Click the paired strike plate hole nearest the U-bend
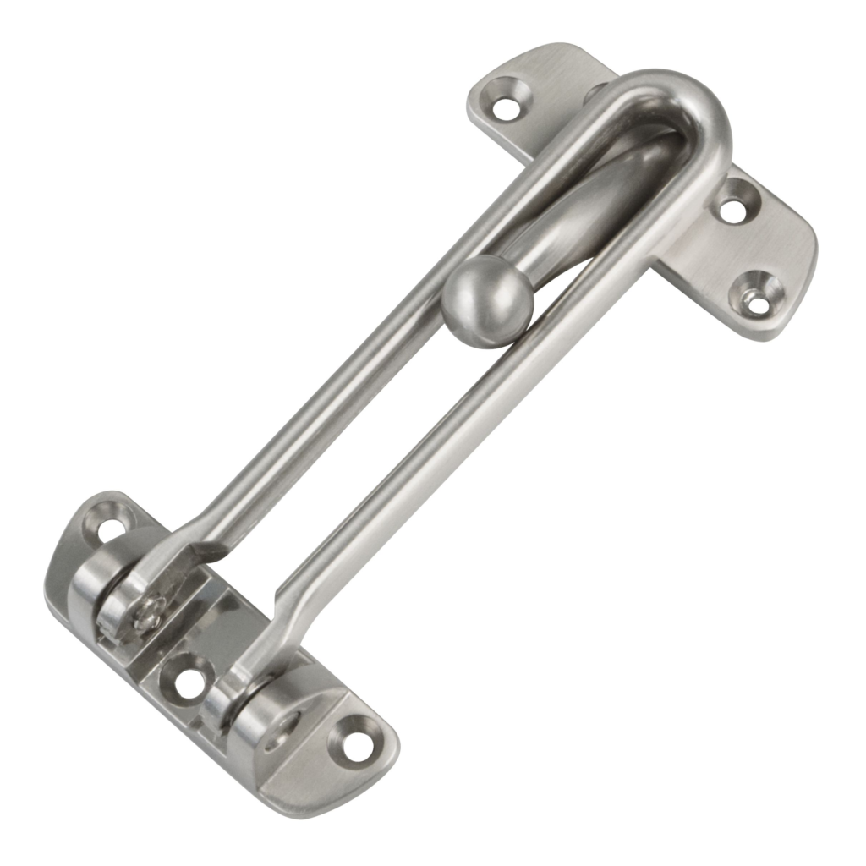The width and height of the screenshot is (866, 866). coord(732,207)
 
